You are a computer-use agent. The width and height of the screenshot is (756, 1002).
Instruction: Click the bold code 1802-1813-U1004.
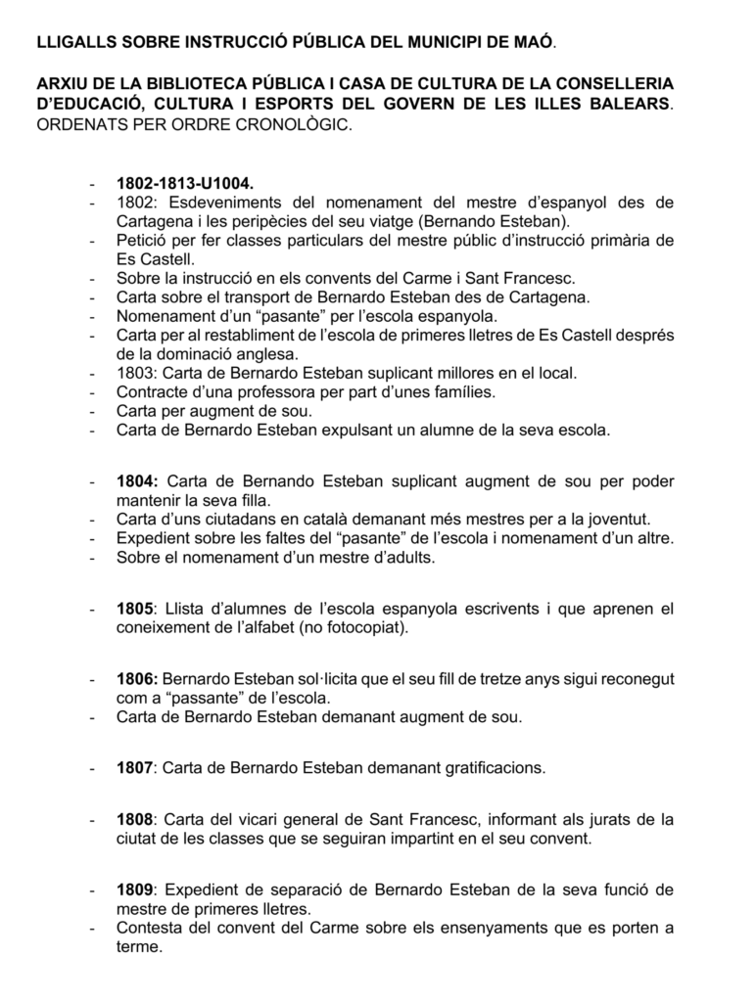tap(184, 183)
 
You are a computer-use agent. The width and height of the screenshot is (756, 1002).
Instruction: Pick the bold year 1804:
tap(137, 482)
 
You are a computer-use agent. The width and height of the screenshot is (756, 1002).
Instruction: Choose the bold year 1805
tap(135, 609)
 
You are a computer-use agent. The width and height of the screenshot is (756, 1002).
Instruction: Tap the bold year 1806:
tap(137, 679)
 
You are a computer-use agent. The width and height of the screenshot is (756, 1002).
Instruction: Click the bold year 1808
tap(135, 819)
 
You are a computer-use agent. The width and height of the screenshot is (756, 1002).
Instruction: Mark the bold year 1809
tap(135, 889)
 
